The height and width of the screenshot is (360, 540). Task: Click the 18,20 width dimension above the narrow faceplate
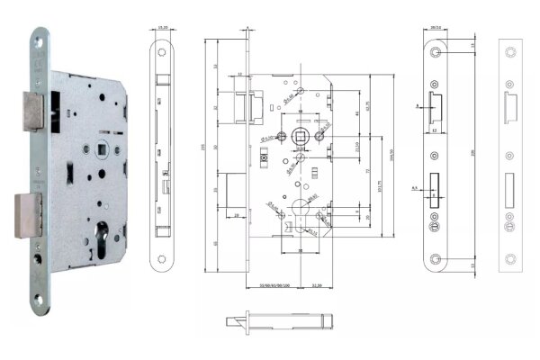(x=164, y=28)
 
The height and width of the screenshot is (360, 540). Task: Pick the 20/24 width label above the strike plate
(x=435, y=28)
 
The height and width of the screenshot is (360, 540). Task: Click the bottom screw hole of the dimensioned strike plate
(x=436, y=261)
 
